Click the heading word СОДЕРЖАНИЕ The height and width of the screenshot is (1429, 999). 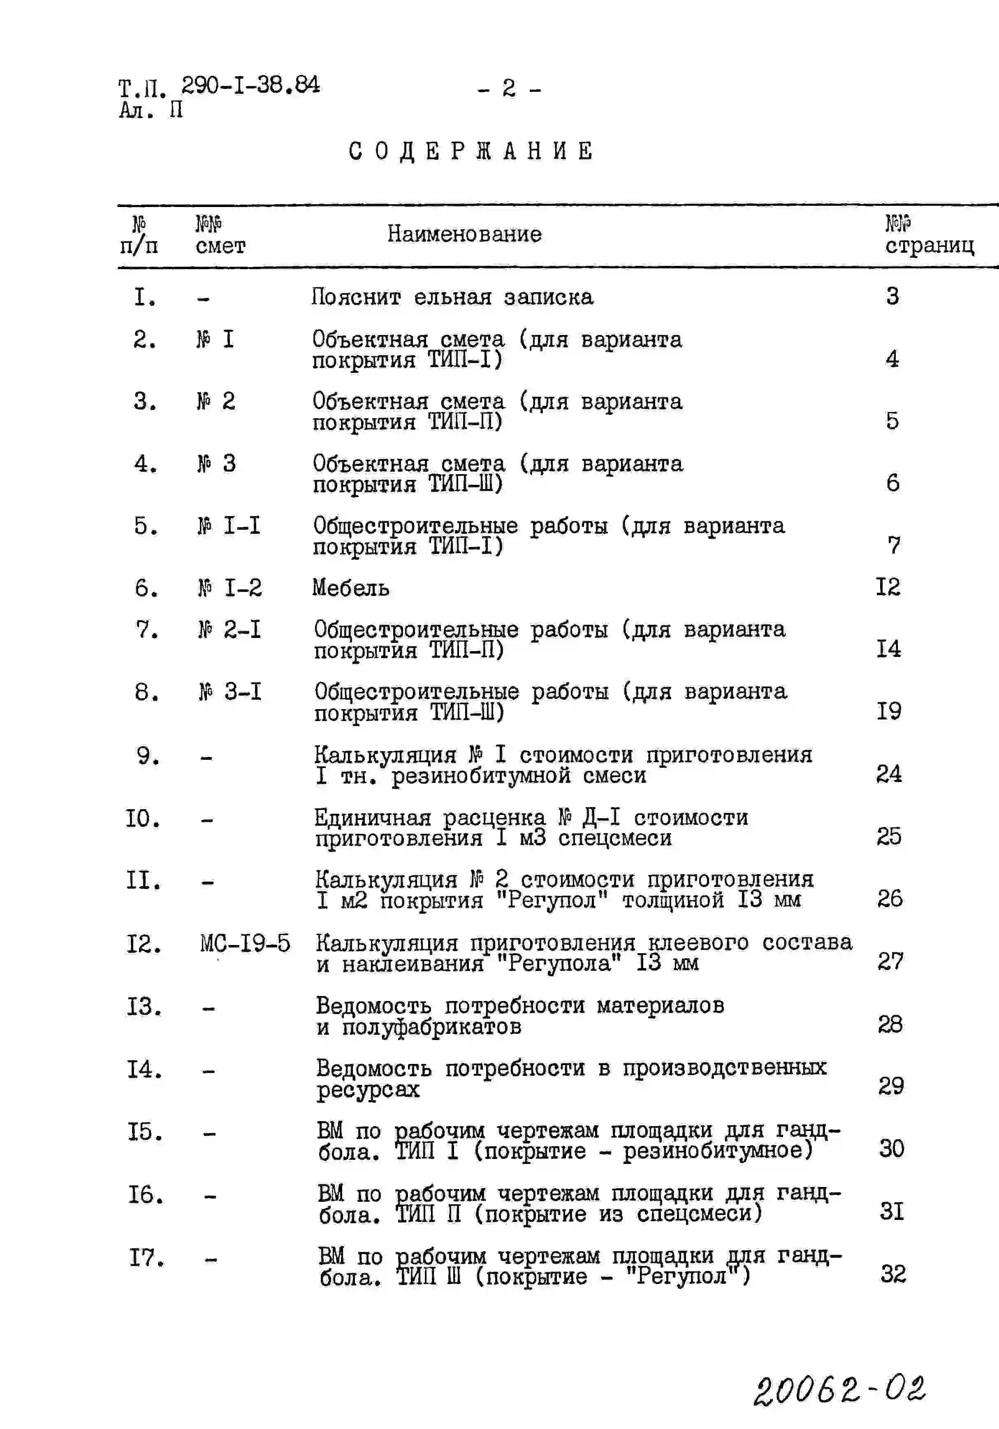tap(471, 151)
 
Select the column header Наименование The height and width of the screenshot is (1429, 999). tap(464, 234)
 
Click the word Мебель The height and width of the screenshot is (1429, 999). tap(351, 588)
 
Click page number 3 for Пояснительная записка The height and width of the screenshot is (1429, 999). tap(892, 296)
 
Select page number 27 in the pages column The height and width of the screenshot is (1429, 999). tap(890, 961)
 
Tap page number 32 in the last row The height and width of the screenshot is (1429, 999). tap(892, 1273)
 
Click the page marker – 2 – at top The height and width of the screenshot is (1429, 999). tap(509, 88)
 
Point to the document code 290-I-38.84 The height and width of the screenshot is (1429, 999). tap(251, 85)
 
